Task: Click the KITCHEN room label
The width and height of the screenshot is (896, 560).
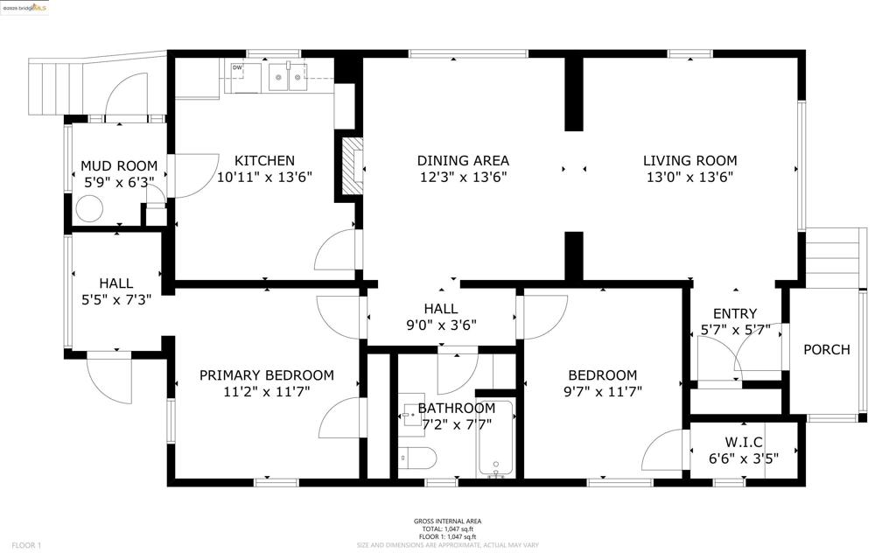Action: (264, 161)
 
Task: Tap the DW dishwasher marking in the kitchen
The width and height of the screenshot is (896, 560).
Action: (237, 66)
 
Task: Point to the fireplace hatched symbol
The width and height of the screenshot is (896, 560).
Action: (351, 165)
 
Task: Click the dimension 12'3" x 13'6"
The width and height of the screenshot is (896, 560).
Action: (463, 177)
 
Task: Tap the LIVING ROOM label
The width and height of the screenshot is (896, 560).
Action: (689, 161)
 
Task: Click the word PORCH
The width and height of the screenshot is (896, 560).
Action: (826, 350)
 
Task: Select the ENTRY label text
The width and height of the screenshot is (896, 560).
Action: (735, 314)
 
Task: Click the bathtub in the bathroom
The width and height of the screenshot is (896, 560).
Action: (496, 446)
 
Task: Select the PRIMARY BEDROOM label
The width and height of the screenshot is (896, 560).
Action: (266, 375)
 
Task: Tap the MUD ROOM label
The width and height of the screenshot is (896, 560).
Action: (119, 166)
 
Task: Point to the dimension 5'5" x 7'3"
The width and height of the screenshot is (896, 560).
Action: (115, 299)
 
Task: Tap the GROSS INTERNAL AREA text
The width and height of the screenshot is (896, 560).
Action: (448, 522)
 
